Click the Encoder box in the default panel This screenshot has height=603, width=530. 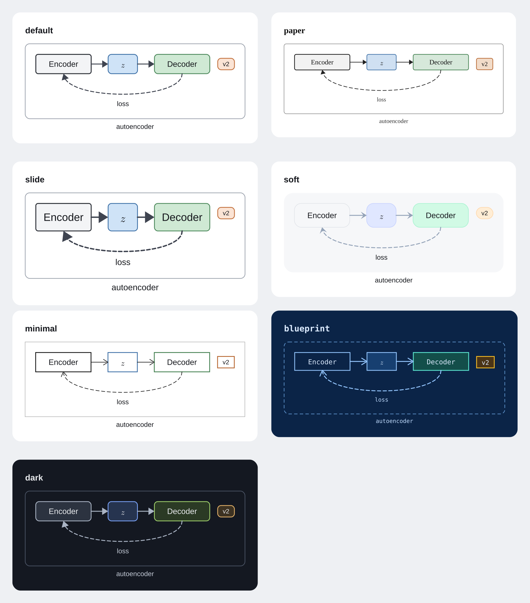(x=64, y=64)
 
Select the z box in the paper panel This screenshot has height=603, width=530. (x=381, y=62)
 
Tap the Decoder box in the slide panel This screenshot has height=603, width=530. (x=182, y=217)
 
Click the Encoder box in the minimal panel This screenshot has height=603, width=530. (x=64, y=362)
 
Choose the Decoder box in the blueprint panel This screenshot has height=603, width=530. (x=441, y=362)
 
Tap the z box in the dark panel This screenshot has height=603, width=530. (x=123, y=511)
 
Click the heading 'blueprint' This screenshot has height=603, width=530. (x=307, y=328)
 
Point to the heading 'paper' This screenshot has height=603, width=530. (x=294, y=31)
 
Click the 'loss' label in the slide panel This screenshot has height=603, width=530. (x=123, y=262)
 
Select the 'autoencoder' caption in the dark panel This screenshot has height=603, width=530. (x=135, y=574)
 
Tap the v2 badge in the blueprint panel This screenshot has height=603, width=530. (x=485, y=362)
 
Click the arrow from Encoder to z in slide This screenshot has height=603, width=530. (x=99, y=217)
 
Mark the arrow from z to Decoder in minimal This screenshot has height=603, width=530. (x=146, y=362)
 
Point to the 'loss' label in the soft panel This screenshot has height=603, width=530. (x=381, y=257)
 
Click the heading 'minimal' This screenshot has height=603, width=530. (x=41, y=329)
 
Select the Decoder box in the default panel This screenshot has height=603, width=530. (x=182, y=64)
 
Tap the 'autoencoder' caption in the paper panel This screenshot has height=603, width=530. (x=394, y=121)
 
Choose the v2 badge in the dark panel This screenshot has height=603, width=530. (x=226, y=511)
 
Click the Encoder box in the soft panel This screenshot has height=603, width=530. (x=322, y=215)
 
